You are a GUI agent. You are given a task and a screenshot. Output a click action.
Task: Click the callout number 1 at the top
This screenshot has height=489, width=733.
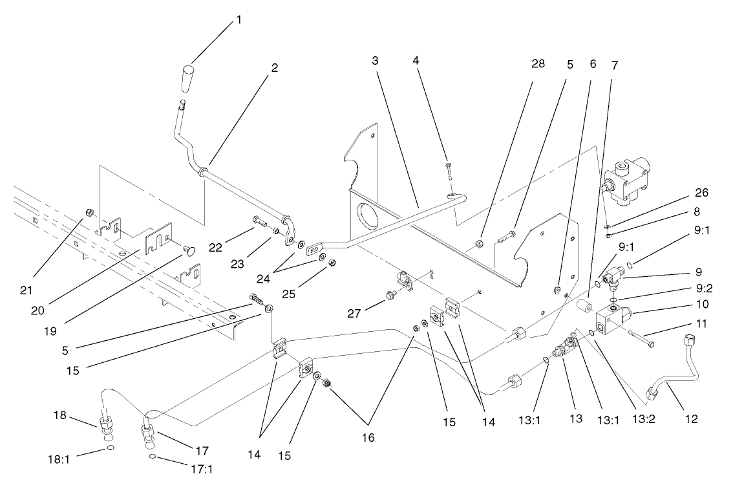(x=239, y=20)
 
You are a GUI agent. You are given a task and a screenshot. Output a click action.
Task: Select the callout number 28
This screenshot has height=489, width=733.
(x=538, y=63)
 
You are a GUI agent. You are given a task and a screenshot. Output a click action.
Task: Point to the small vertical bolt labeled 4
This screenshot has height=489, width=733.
(x=448, y=171)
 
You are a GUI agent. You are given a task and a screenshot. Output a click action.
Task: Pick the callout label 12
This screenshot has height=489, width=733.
(x=691, y=418)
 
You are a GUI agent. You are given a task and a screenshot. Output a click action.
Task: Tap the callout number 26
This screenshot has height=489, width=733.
(x=684, y=193)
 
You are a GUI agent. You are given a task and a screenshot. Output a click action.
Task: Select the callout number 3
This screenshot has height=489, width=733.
(x=375, y=60)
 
